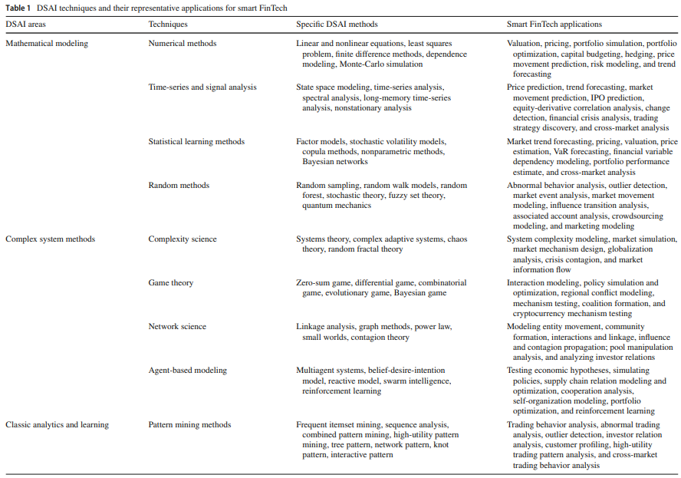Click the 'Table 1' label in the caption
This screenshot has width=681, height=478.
point(18,7)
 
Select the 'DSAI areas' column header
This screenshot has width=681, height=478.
point(25,25)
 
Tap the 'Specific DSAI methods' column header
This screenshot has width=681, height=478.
point(337,25)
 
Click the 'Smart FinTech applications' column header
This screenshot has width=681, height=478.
point(554,25)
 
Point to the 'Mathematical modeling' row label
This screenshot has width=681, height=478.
point(47,44)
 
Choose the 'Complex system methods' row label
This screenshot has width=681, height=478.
point(50,239)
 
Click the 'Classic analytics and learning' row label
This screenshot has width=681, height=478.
point(57,424)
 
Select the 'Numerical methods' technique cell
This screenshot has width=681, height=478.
point(183,44)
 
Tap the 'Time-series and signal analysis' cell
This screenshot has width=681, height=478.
point(202,87)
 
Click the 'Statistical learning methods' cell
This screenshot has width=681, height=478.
point(196,142)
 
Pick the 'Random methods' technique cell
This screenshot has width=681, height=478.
point(179,186)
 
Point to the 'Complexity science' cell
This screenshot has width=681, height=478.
point(183,239)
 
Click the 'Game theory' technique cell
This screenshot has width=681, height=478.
point(171,283)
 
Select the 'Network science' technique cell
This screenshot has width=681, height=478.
point(177,327)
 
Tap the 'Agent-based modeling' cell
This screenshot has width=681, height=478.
point(188,370)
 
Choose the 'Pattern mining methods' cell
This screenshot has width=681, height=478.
point(189,424)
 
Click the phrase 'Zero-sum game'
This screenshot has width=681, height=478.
point(323,283)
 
